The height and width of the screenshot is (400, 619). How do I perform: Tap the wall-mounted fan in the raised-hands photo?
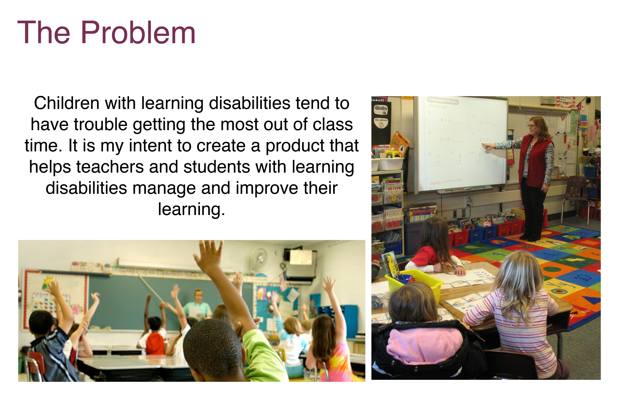[259, 258]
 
